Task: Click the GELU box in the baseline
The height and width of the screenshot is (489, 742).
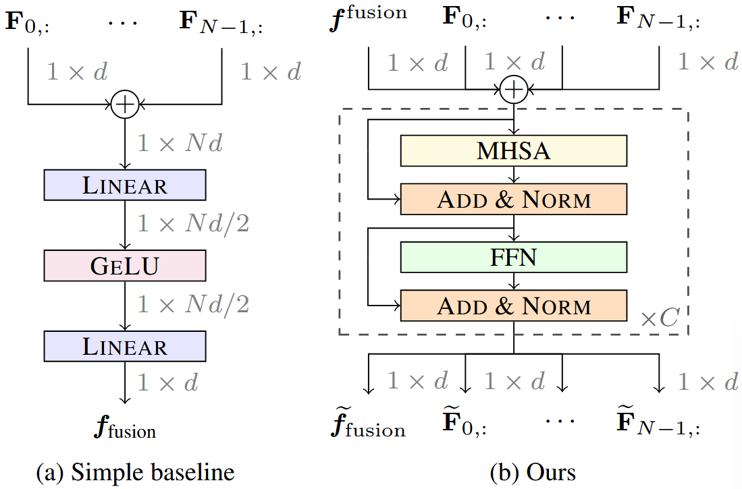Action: pyautogui.click(x=124, y=265)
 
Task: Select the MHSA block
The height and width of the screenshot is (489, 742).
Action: pyautogui.click(x=514, y=150)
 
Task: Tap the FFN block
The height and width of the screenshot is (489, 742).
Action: pyautogui.click(x=514, y=257)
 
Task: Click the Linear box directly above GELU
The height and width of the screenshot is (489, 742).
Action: pyautogui.click(x=124, y=185)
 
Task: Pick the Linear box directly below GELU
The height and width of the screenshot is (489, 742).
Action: pyautogui.click(x=124, y=346)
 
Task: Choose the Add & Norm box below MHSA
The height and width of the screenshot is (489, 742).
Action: pyautogui.click(x=514, y=199)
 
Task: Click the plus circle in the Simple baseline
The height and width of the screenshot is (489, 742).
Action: pyautogui.click(x=124, y=105)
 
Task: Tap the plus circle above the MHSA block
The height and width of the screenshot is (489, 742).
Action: pyautogui.click(x=514, y=89)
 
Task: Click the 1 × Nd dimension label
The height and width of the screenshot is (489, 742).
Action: pyautogui.click(x=180, y=143)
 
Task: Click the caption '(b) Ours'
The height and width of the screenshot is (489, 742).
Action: pyautogui.click(x=533, y=472)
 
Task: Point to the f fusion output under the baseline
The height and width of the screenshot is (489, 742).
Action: pyautogui.click(x=124, y=426)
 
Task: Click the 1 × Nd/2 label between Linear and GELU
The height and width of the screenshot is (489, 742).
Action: pyautogui.click(x=193, y=224)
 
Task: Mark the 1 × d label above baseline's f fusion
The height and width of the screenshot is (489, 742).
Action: pyautogui.click(x=168, y=383)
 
